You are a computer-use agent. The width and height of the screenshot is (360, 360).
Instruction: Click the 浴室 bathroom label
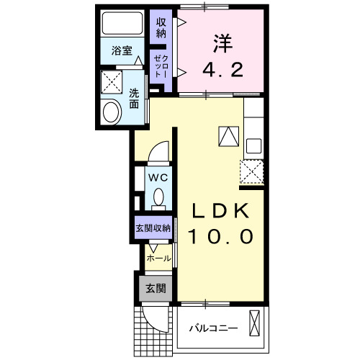coord(122,51)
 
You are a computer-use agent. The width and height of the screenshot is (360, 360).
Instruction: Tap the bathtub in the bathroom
coord(122,25)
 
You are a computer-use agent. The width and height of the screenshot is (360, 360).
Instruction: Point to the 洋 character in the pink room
coord(221,43)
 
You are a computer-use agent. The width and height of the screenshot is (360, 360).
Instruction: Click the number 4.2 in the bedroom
coord(222,71)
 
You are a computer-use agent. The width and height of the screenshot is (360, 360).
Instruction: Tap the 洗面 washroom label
coord(134,98)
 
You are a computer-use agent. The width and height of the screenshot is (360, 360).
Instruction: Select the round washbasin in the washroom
coord(112,112)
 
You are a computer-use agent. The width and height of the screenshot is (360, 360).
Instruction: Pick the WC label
coord(158,176)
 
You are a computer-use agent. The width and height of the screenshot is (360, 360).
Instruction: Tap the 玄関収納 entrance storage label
coord(153,228)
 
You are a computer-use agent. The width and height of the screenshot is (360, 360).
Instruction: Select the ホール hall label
coord(158,258)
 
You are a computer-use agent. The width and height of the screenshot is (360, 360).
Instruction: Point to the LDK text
coord(220,212)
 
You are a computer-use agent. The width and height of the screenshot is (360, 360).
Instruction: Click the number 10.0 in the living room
coord(220,236)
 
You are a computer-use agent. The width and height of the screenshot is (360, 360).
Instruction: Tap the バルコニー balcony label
coord(213,328)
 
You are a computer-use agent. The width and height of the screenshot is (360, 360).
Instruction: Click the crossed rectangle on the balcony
coord(254,322)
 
